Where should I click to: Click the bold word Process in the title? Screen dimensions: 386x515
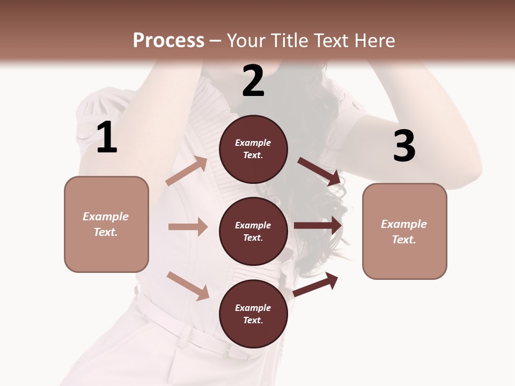pyautogui.click(x=168, y=40)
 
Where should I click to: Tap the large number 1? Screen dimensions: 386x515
pyautogui.click(x=107, y=138)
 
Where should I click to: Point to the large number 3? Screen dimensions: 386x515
pyautogui.click(x=404, y=146)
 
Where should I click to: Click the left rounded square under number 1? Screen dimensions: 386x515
pyautogui.click(x=106, y=224)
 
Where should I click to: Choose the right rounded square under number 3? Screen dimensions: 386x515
pyautogui.click(x=404, y=231)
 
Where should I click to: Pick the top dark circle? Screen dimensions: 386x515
pyautogui.click(x=253, y=149)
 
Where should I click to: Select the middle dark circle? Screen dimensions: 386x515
pyautogui.click(x=253, y=231)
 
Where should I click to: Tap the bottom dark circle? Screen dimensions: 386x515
pyautogui.click(x=253, y=314)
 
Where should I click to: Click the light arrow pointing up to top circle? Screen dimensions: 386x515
pyautogui.click(x=187, y=171)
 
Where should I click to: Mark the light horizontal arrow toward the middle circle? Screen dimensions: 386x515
pyautogui.click(x=188, y=227)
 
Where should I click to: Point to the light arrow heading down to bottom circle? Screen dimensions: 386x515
pyautogui.click(x=188, y=286)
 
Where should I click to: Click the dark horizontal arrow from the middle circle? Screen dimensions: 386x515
pyautogui.click(x=318, y=225)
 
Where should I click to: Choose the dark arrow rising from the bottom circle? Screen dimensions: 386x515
pyautogui.click(x=315, y=285)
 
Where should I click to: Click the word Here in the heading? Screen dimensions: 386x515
pyautogui.click(x=375, y=40)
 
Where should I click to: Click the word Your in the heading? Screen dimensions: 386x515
pyautogui.click(x=246, y=40)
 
